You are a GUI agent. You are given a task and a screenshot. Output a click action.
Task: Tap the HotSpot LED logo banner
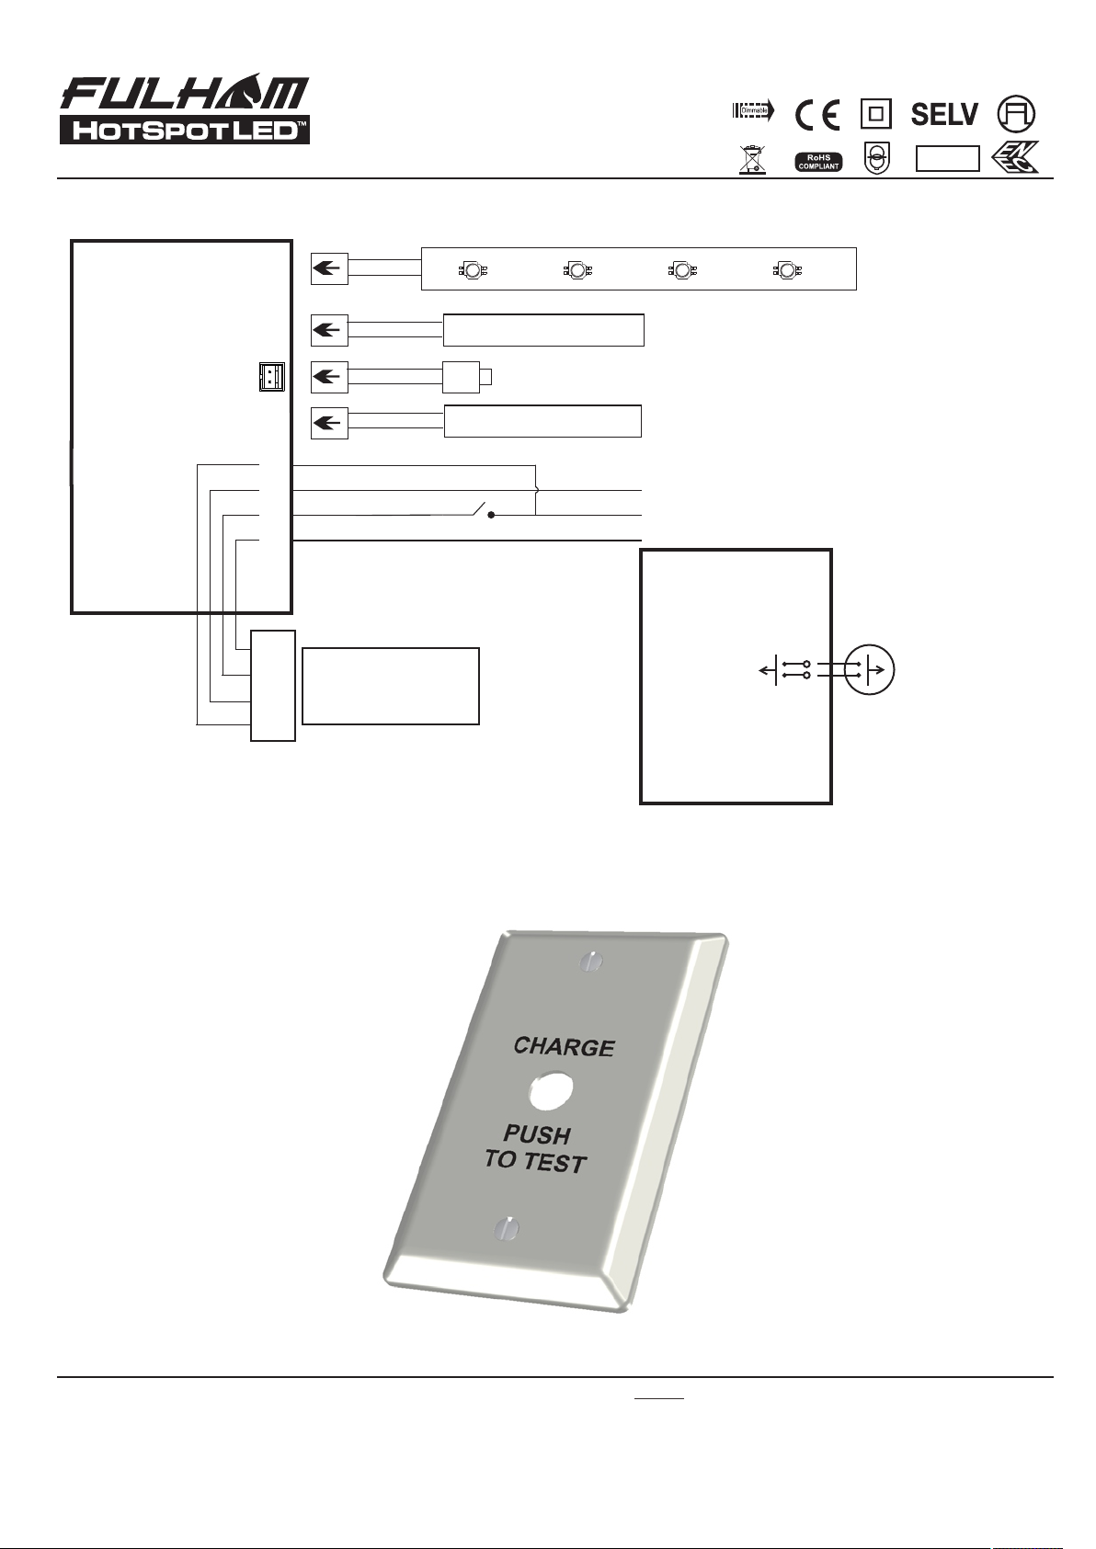coord(185,130)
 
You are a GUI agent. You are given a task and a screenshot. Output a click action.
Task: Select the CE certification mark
coord(817,115)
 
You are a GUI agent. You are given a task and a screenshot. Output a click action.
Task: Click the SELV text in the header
coord(944,115)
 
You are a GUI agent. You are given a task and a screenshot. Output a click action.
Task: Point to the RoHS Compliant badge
coord(818,162)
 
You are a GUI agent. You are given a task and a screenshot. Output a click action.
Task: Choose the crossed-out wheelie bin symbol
coord(752,160)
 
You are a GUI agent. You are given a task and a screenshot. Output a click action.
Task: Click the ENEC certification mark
coord(1015,157)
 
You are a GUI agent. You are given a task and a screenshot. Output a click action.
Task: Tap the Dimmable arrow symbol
coord(754,110)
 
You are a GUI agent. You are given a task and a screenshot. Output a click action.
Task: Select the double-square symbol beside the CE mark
coord(876,114)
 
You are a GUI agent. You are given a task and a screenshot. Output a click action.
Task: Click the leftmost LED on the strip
coord(473,269)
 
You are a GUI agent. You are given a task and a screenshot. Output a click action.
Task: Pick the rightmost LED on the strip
coord(787,269)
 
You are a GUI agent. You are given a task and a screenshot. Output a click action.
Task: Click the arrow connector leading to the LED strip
coord(329,268)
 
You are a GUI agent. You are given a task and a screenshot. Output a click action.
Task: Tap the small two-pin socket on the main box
coord(272,377)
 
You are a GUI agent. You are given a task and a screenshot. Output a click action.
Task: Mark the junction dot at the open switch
coord(491,515)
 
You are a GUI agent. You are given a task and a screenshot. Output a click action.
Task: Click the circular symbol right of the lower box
coord(870,669)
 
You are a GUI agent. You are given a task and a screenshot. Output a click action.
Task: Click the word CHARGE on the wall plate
coord(564,1046)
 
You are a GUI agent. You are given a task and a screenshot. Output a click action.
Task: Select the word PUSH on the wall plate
coord(537,1134)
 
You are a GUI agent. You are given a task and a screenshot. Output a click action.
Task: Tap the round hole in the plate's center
coord(551,1090)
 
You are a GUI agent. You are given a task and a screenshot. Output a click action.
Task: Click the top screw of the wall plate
coord(590,962)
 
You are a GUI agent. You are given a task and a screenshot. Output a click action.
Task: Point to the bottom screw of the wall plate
coord(507,1227)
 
